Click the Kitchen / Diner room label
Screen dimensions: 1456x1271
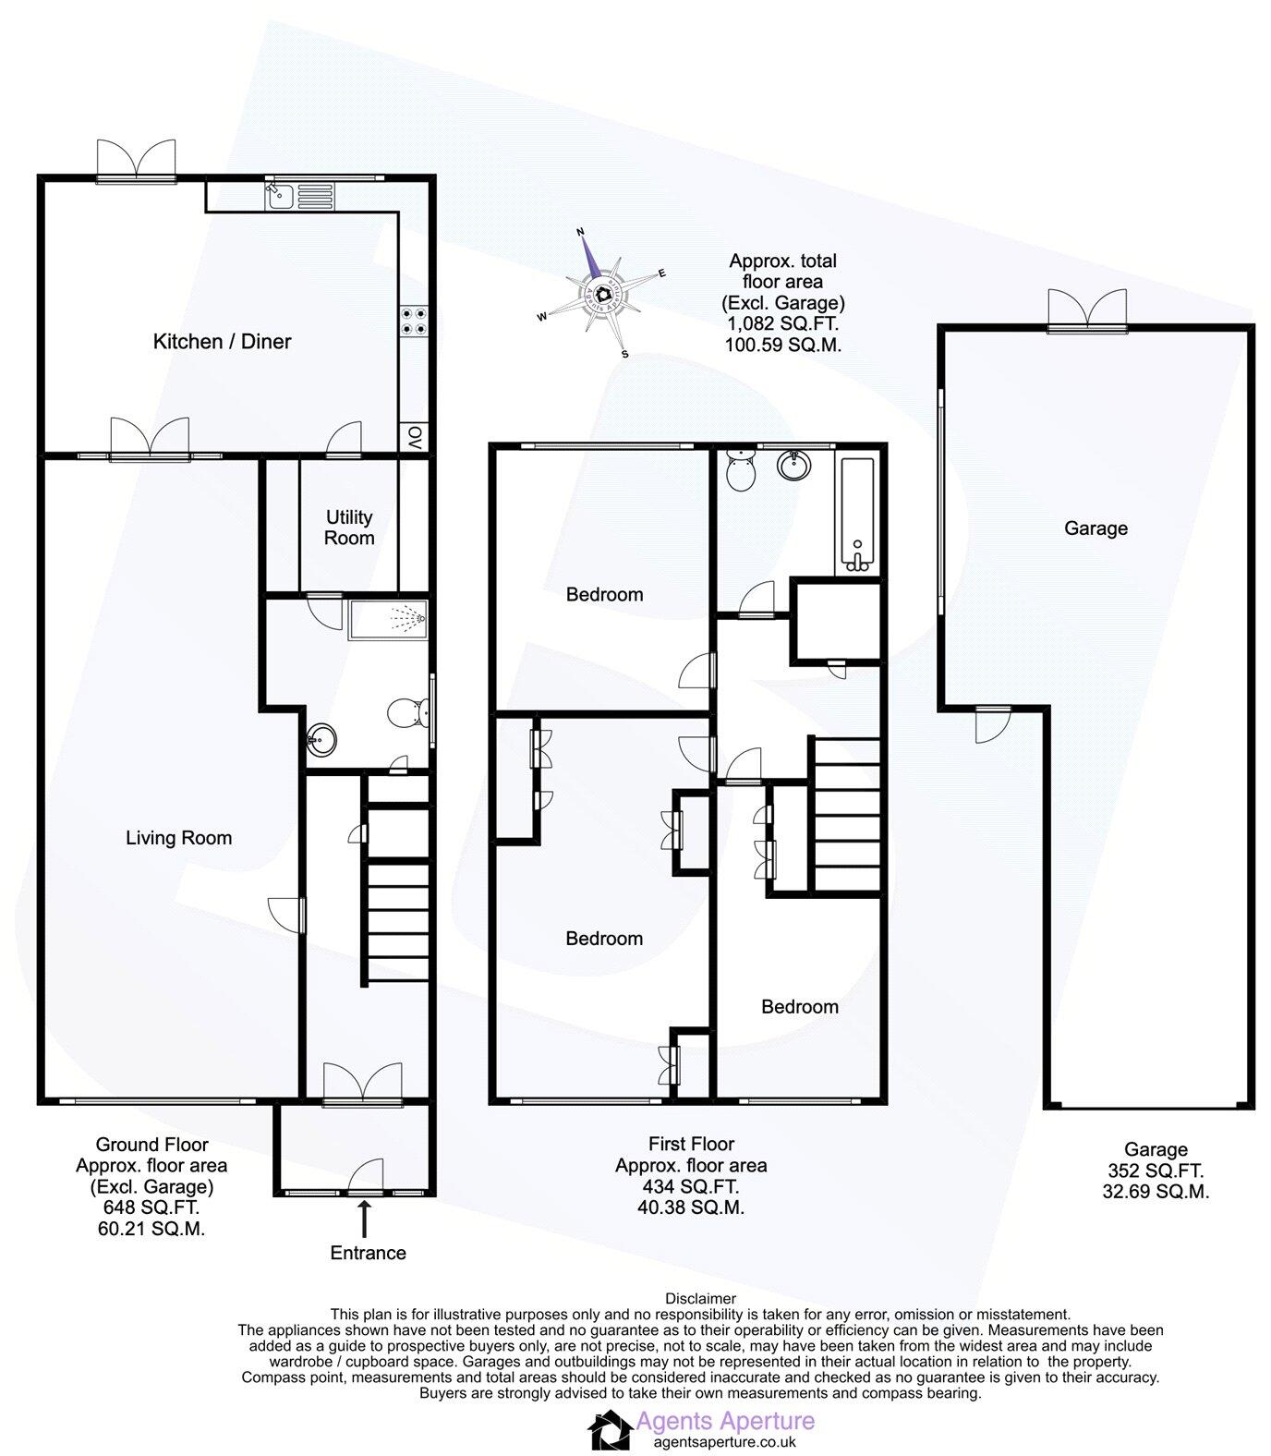[x=222, y=342]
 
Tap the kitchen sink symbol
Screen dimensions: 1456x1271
[x=279, y=195]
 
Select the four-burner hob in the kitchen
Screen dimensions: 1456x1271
[x=412, y=320]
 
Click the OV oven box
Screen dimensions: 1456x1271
[x=414, y=436]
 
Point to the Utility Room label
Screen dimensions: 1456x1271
[x=349, y=528]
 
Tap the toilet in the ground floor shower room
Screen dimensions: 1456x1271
[x=407, y=712]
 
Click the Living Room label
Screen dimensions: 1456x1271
[x=179, y=838]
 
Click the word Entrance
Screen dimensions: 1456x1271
[x=368, y=1253]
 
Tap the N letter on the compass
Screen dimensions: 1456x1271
[x=581, y=231]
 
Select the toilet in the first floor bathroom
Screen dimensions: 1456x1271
[x=741, y=471]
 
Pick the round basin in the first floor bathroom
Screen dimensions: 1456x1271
[x=793, y=464]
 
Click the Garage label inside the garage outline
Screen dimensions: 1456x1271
[x=1095, y=528]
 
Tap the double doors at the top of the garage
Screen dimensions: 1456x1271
[x=1087, y=311]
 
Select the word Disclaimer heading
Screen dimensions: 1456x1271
[x=700, y=1298]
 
